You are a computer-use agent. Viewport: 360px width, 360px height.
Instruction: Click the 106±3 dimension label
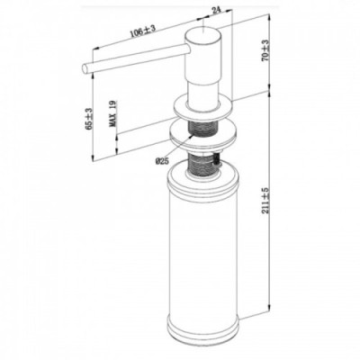[143, 31]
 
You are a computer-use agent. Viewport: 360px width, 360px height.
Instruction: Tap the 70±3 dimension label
[265, 50]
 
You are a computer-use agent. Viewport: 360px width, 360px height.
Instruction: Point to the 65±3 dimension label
[89, 119]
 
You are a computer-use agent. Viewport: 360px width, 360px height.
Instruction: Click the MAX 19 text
[113, 113]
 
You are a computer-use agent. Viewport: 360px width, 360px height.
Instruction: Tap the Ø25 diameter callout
[162, 161]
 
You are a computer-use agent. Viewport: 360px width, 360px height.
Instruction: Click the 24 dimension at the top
[216, 12]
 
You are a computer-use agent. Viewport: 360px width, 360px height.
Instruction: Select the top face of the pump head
[203, 32]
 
